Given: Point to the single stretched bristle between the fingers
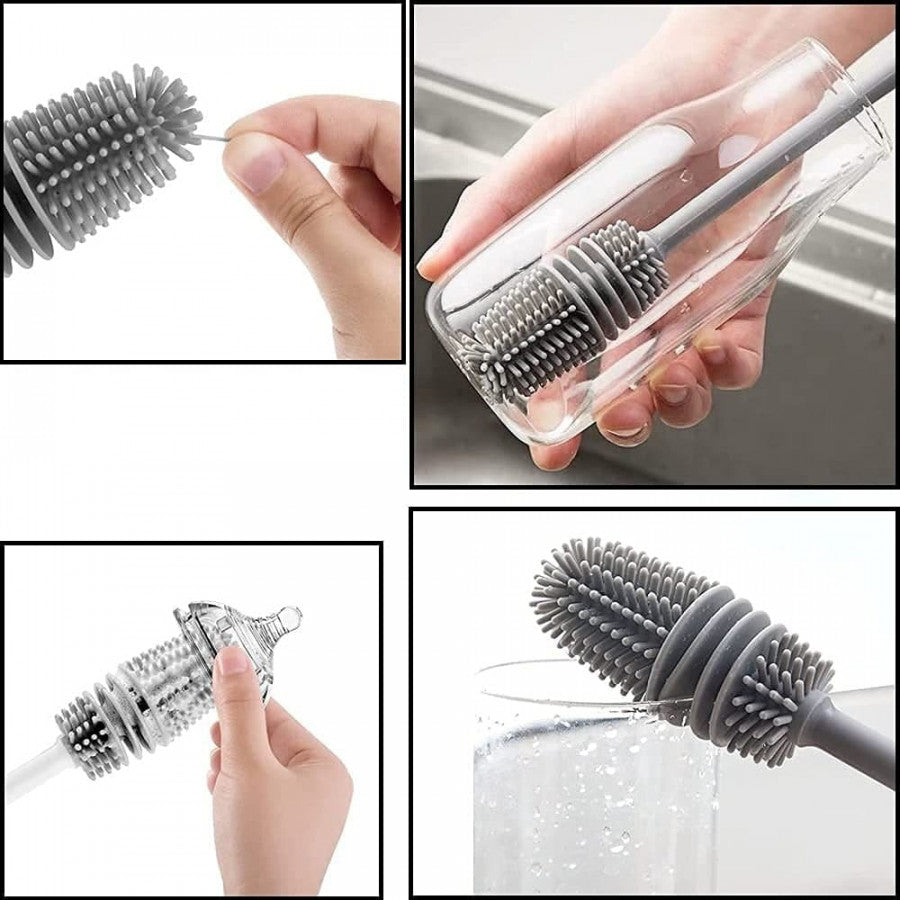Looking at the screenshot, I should coord(212,137).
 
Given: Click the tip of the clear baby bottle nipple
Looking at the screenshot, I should coord(290,616).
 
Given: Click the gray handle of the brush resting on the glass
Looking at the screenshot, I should coord(850,740).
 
